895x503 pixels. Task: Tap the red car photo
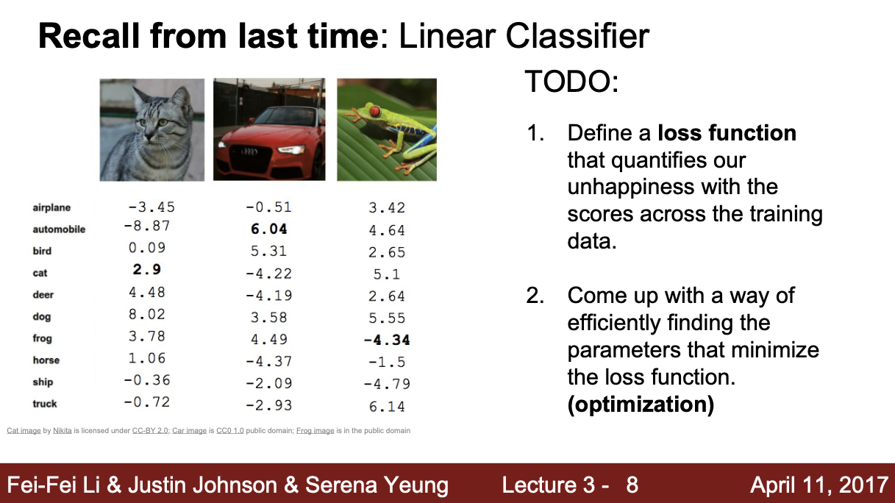tap(269, 129)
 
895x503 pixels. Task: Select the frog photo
tap(387, 129)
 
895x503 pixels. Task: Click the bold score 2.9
tap(147, 270)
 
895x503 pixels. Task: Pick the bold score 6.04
tap(269, 229)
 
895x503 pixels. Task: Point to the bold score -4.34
tap(387, 340)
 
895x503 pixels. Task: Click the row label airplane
tap(51, 208)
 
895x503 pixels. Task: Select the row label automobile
tap(59, 229)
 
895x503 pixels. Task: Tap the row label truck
tap(45, 404)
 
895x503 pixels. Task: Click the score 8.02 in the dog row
tap(146, 314)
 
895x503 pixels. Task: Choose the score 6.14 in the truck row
tap(387, 406)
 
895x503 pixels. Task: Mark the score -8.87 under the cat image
tap(146, 226)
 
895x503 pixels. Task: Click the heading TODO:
tap(571, 82)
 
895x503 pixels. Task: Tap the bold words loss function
tap(727, 133)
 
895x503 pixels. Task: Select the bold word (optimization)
tap(641, 405)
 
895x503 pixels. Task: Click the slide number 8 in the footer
tap(632, 485)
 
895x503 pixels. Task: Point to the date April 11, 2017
tap(819, 485)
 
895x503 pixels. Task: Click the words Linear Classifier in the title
tap(524, 36)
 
